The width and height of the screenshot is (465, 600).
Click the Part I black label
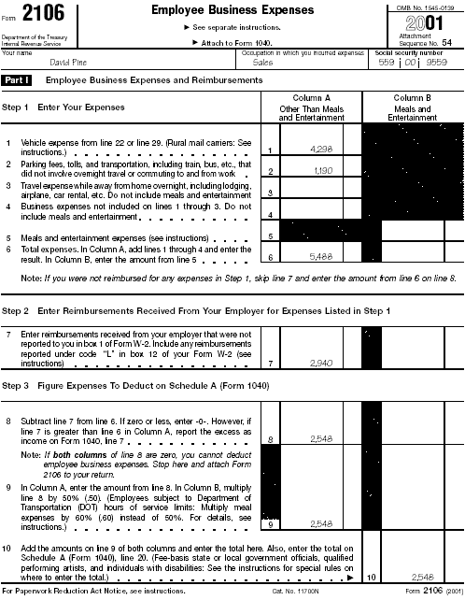pos(18,81)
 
